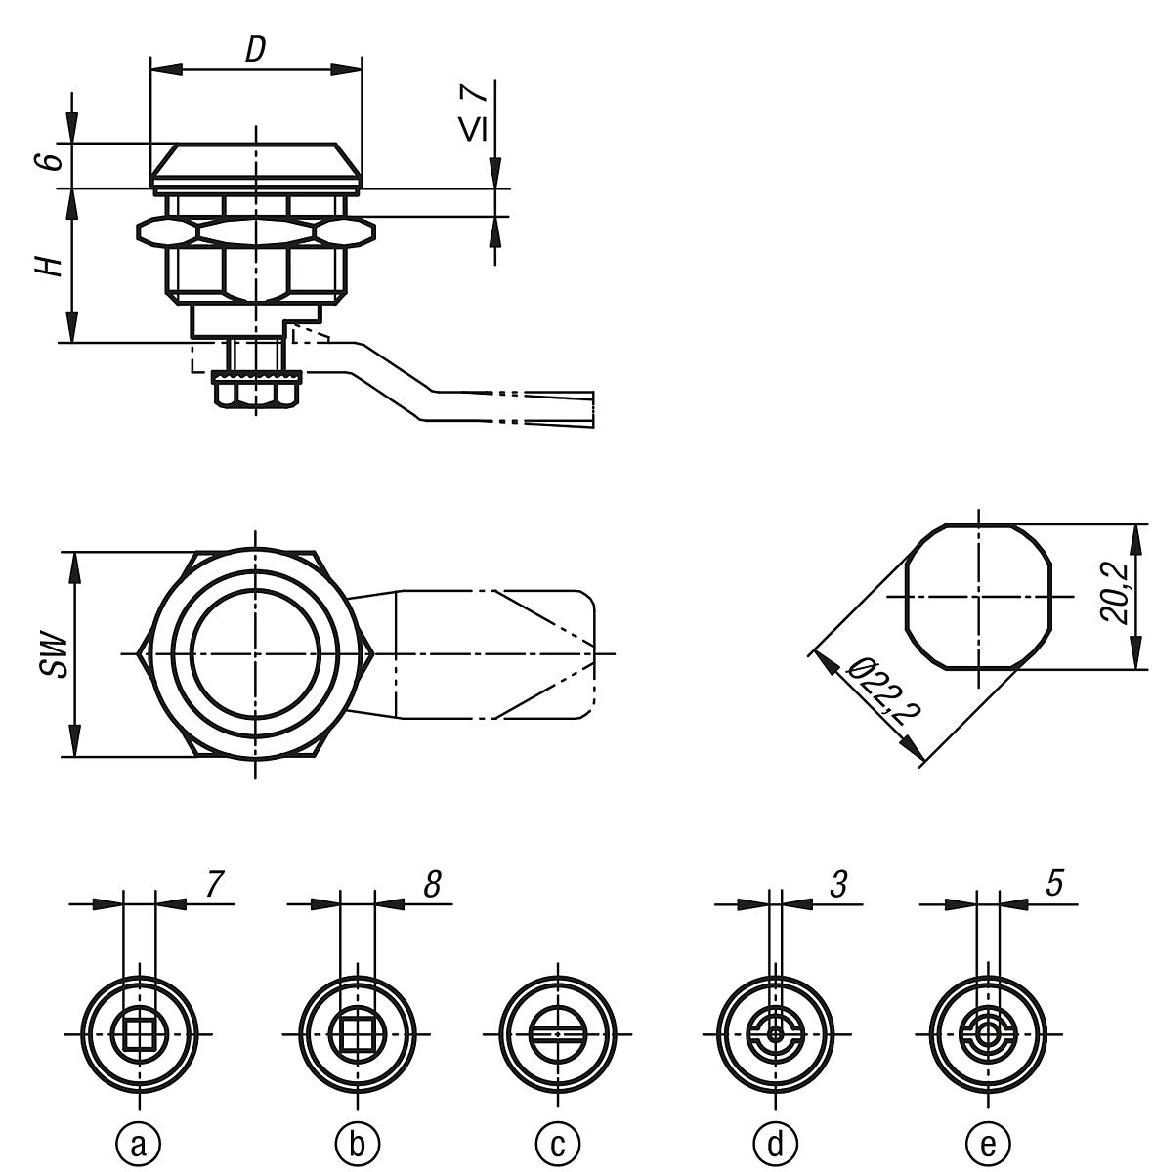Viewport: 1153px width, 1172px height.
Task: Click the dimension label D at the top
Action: [255, 50]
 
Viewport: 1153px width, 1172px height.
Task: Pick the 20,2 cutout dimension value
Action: [1113, 593]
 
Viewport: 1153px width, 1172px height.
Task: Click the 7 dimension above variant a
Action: [215, 884]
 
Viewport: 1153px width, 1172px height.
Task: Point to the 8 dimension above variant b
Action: [432, 884]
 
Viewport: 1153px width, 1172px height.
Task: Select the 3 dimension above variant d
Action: [838, 884]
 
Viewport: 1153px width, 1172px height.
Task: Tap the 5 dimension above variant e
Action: [1053, 884]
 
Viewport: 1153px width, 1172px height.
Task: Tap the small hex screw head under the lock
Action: [256, 396]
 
